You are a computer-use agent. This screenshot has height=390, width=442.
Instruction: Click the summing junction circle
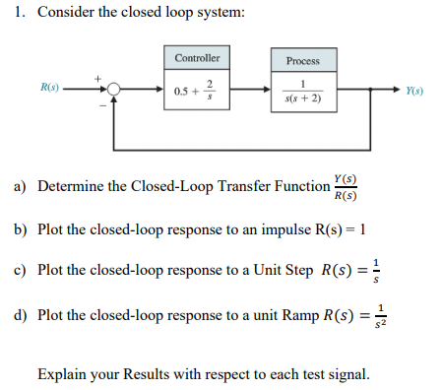[115, 91]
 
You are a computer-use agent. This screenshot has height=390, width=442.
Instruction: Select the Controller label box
[197, 58]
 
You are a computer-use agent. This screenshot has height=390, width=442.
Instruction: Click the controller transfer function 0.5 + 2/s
[197, 91]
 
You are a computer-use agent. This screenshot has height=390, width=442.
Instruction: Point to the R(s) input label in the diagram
[50, 89]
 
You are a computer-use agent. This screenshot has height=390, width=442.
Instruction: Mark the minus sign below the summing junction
[99, 103]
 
